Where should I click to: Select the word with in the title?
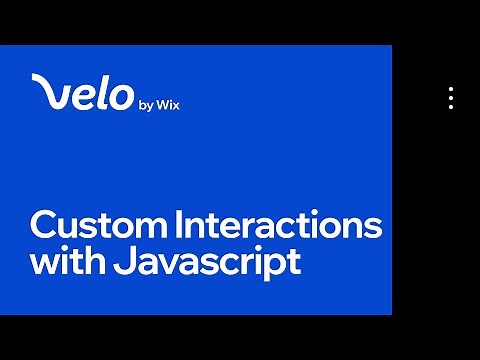pyautogui.click(x=61, y=262)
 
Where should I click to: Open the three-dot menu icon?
pyautogui.click(x=451, y=97)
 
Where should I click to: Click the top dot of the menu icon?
pyautogui.click(x=451, y=89)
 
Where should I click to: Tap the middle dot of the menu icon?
pyautogui.click(x=451, y=97)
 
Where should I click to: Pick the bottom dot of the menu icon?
pyautogui.click(x=451, y=105)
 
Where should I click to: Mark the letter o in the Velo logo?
pyautogui.click(x=121, y=95)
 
